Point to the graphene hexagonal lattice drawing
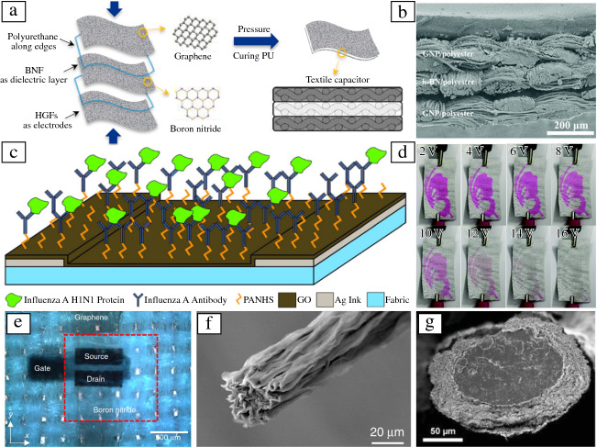coord(193,20)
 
